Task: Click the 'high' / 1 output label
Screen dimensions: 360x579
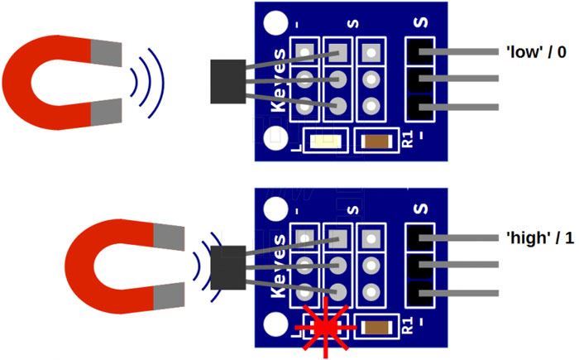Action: (538, 238)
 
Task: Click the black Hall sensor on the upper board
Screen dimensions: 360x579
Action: (226, 81)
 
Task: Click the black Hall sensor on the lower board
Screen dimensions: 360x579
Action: (226, 267)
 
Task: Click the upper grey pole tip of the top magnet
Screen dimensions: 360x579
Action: (105, 55)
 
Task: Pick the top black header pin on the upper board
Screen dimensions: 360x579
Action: (421, 52)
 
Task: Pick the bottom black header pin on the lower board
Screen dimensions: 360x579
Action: (421, 293)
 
